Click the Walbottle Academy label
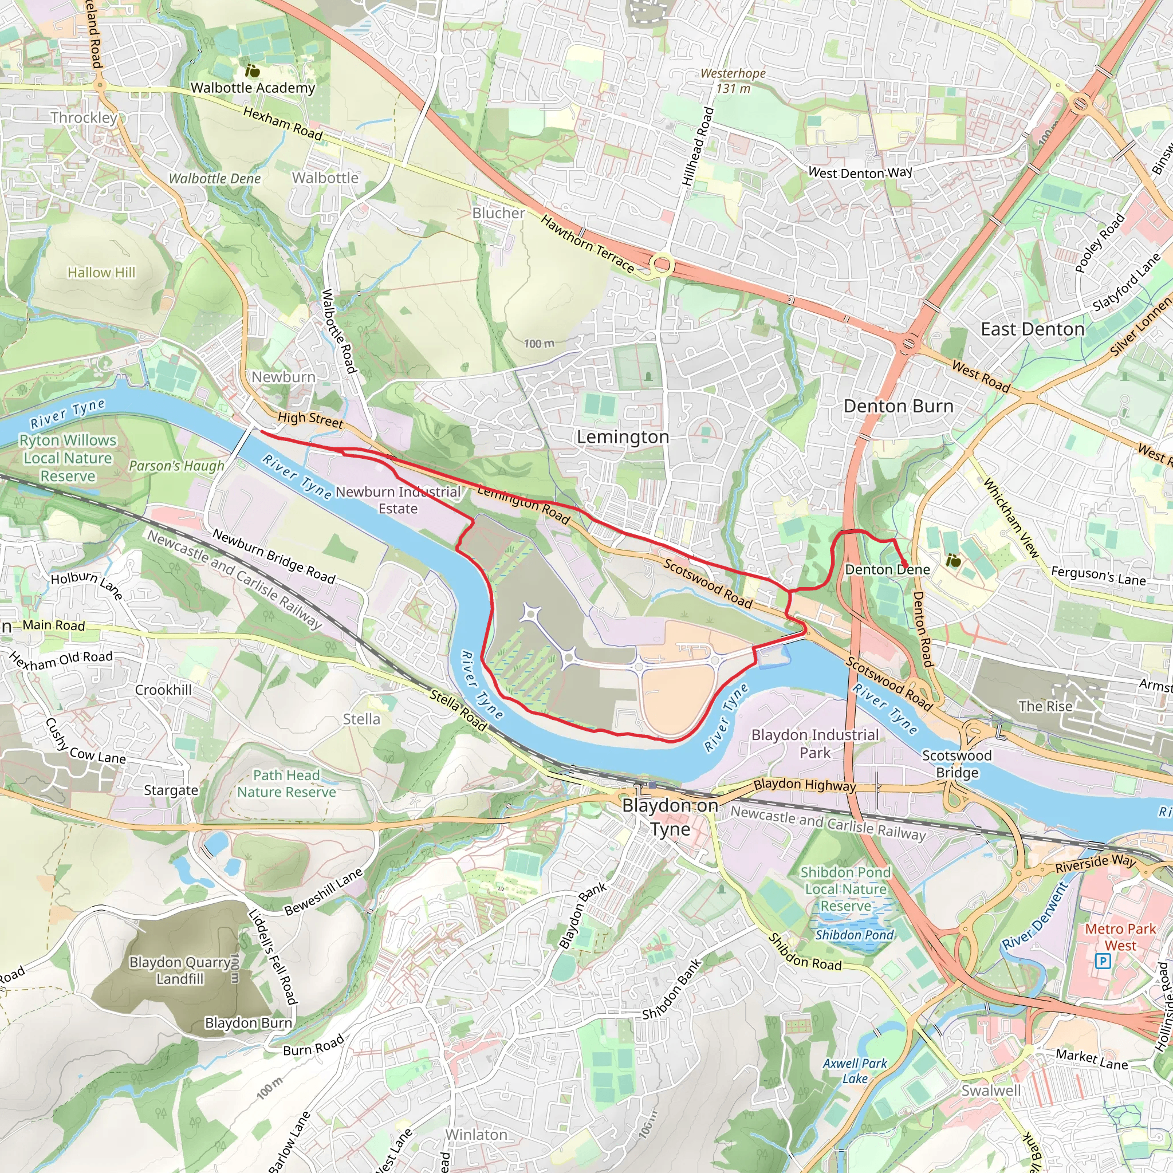[253, 88]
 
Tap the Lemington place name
[623, 437]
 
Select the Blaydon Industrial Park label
[815, 744]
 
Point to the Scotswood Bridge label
[957, 764]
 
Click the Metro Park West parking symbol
[1103, 961]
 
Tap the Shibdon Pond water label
[854, 935]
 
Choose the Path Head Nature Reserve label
[286, 784]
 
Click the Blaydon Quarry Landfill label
[180, 970]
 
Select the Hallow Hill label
[101, 273]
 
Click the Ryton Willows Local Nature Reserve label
[68, 458]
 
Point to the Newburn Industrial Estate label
[398, 500]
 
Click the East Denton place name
[1033, 330]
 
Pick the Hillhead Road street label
[697, 146]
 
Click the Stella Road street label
[458, 710]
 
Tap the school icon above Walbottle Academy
[253, 71]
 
